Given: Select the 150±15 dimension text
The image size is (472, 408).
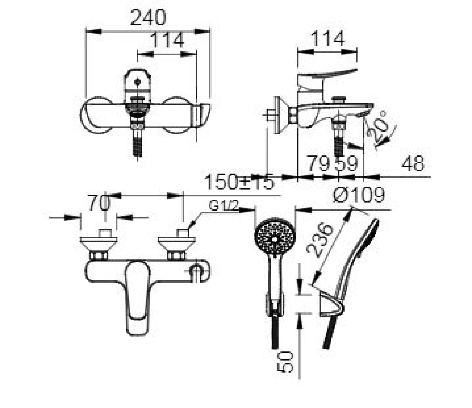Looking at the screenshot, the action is click(x=239, y=182).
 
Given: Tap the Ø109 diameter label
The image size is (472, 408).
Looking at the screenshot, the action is click(x=359, y=194).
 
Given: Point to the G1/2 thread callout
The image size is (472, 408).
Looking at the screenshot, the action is click(x=223, y=207).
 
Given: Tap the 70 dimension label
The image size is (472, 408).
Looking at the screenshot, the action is click(x=99, y=203).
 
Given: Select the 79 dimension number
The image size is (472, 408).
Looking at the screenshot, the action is click(x=319, y=163).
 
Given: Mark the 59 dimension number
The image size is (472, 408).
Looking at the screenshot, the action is click(x=346, y=163).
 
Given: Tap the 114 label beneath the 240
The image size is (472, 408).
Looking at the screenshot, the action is click(x=167, y=40).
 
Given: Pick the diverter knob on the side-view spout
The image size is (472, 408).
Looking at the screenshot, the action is click(x=338, y=100).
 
